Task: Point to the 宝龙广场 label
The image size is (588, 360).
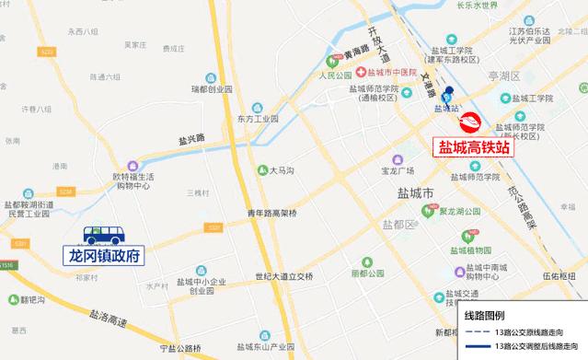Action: point(398,171)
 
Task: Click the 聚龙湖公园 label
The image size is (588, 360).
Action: point(456,211)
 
